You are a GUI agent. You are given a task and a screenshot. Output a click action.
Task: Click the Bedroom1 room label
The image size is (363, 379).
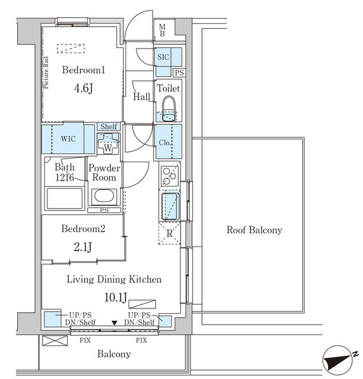coord(83,70)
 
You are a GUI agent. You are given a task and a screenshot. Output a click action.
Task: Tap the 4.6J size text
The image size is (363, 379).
coord(83,88)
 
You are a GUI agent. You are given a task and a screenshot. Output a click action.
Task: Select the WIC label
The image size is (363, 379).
coord(68,139)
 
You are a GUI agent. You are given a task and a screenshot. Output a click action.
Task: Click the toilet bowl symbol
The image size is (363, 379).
coord(169,109)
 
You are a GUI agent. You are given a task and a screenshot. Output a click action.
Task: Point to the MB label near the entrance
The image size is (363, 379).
coord(162,30)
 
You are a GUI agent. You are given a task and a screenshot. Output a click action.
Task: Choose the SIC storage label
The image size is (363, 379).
coord(163,57)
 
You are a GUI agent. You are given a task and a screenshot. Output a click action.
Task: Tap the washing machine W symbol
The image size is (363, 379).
coord(108,147)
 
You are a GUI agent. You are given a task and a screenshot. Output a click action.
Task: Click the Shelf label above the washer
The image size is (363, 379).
coord(109,126)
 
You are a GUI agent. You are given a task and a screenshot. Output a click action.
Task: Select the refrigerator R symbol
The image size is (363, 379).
coord(170,233)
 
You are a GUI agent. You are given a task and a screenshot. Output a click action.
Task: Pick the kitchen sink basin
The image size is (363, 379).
coord(171,206)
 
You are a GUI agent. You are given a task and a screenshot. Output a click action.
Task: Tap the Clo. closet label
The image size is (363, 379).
coord(165,143)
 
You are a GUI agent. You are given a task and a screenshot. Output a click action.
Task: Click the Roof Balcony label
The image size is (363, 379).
coord(254,230)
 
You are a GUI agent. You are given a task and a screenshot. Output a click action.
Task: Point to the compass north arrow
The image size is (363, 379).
coord(338,359)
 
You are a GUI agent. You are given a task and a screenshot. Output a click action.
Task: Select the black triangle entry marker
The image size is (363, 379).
coord(114,323)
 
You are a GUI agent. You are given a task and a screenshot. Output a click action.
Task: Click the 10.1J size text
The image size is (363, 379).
coord(115,297)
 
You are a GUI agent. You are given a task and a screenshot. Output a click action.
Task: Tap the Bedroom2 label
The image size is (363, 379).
coord(83,229)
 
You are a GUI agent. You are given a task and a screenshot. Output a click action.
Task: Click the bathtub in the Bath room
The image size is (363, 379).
coord(65,198)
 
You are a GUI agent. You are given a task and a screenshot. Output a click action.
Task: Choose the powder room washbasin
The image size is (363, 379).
coord(104,196)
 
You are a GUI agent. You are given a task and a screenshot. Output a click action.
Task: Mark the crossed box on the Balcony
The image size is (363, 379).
coord(54,341)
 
